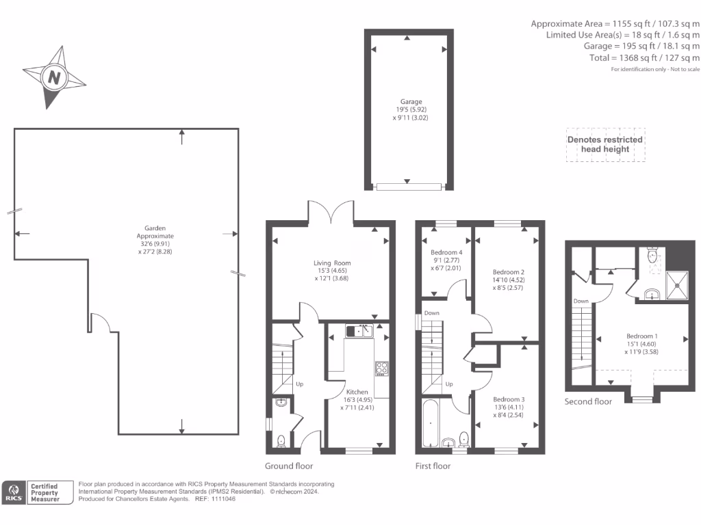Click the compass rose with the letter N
pos(53,77)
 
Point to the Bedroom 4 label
pos(446,253)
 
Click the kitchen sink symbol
pos(359,331)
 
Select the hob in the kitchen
pos(381,369)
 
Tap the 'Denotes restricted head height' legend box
pos(605,144)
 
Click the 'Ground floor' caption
pos(289,466)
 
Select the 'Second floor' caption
pos(587,401)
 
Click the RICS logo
pos(14,492)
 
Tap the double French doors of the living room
pos(331,211)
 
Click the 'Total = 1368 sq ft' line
pos(644,58)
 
